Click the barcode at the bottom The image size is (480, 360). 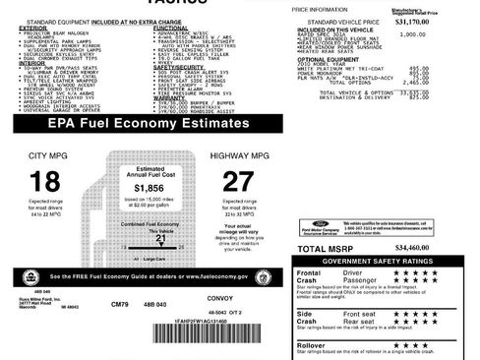point(193,334)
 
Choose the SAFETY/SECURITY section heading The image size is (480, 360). point(182,67)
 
